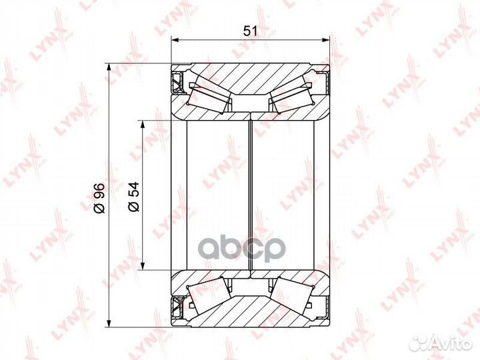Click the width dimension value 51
click(251, 31)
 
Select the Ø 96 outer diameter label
click(99, 198)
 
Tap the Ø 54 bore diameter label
click(134, 197)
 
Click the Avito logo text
click(454, 344)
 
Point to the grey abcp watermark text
click(243, 248)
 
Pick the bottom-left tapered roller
click(210, 296)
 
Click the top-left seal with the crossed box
click(177, 83)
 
